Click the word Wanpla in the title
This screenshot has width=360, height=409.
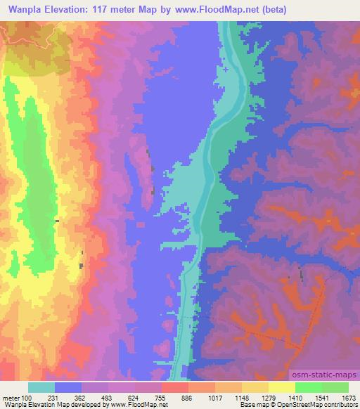(22, 9)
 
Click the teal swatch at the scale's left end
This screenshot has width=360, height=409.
(41, 387)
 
